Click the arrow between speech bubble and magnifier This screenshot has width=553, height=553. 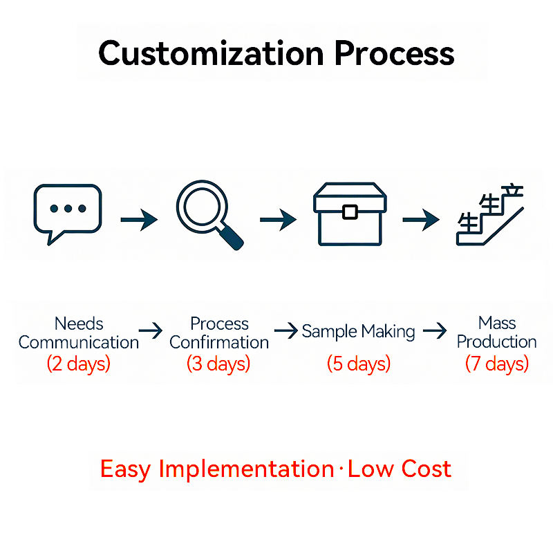138,220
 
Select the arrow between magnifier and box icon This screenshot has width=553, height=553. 278,220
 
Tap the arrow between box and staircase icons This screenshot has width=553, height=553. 420,220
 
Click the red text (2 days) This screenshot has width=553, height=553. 78,364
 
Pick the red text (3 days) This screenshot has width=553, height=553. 218,364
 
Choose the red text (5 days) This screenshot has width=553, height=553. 358,364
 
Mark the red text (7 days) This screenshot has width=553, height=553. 496,364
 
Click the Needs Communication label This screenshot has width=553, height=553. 78,332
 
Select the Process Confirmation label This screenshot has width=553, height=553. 219,332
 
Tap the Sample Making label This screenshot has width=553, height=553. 358,332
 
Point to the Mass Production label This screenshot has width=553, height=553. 496,332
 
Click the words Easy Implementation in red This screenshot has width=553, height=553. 217,469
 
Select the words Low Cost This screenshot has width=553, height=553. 400,469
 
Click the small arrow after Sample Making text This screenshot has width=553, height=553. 435,332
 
